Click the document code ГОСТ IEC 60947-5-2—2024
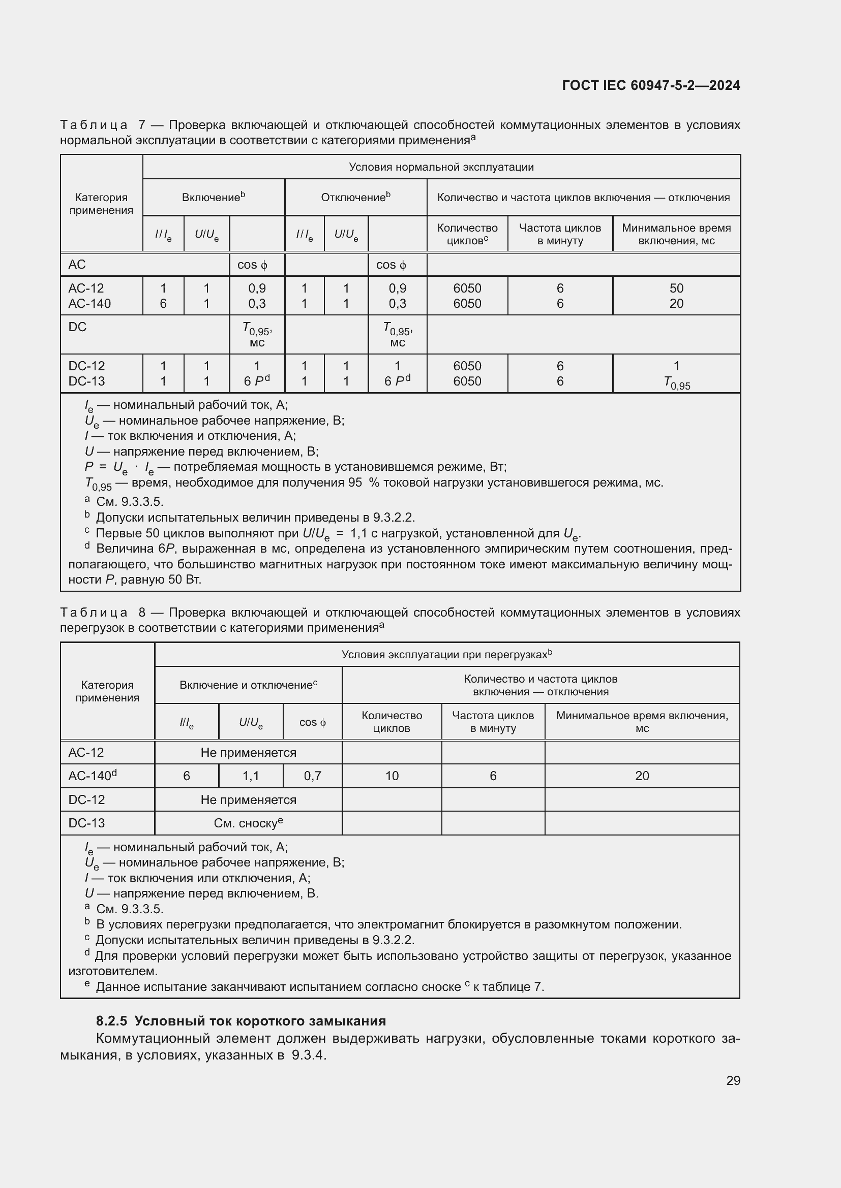650,85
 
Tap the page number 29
733,1080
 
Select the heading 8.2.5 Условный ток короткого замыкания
241,1021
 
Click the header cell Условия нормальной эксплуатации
441,167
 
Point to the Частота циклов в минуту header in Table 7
560,234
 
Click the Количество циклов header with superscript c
467,234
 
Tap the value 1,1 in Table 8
251,776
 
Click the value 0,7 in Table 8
312,776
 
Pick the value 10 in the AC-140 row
392,776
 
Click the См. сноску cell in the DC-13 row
248,823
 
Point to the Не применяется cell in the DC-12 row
248,799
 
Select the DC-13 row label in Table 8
86,823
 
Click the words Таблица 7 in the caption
103,125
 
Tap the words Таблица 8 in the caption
103,613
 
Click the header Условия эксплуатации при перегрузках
446,655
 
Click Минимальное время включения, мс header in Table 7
676,234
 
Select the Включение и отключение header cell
248,685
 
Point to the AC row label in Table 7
77,265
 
